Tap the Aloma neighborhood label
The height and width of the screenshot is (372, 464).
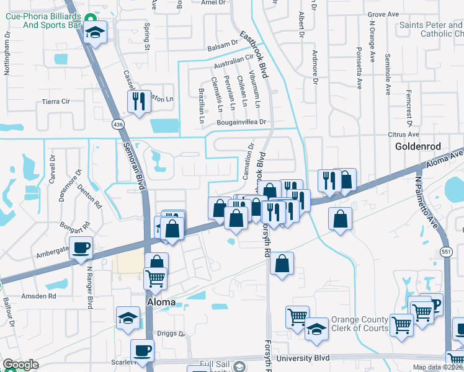160,302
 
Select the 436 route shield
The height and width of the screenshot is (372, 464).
118,125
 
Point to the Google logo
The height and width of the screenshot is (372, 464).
20,365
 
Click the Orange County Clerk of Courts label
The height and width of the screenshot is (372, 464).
360,324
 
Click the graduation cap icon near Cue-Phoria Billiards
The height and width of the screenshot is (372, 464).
95,32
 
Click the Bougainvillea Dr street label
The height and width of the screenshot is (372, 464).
241,123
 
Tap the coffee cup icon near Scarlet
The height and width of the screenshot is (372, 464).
142,350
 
